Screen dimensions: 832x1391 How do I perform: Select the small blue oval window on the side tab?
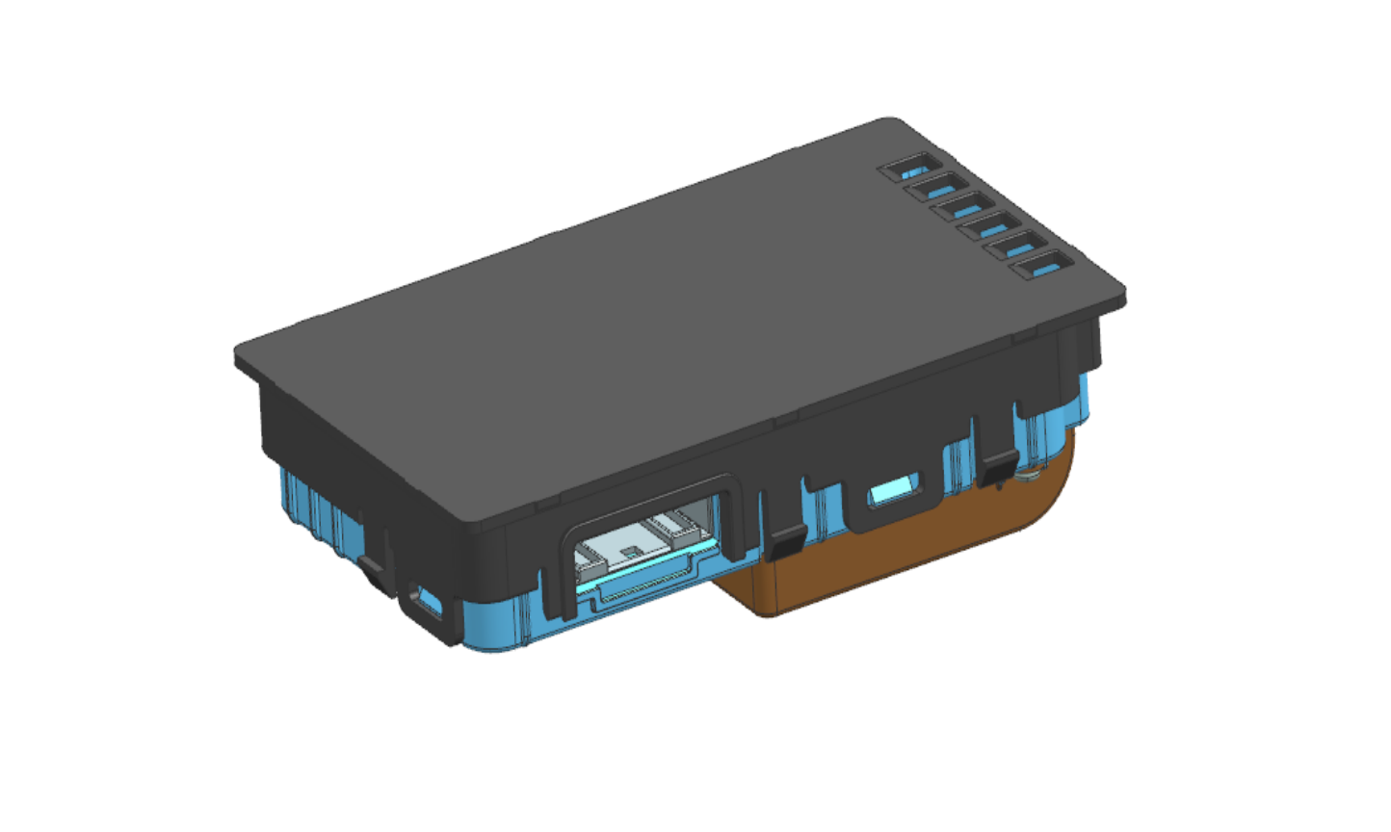click(x=893, y=495)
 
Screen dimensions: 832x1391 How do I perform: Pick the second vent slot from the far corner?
click(x=935, y=189)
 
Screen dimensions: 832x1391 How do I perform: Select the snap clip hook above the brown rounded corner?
click(x=1000, y=466)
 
